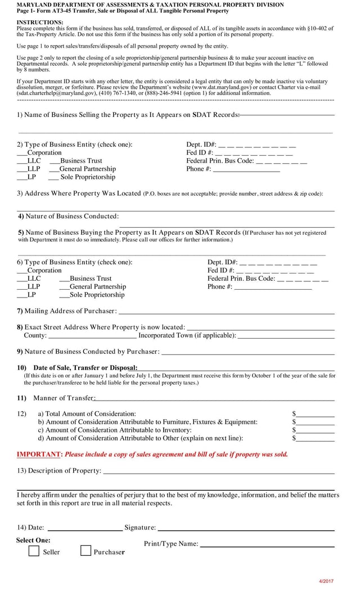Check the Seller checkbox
[x=34, y=551]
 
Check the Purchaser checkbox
[x=85, y=551]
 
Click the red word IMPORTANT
[x=39, y=454]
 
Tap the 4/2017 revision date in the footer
[x=326, y=581]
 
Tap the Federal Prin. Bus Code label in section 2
[x=220, y=160]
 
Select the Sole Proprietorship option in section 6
[x=96, y=295]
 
